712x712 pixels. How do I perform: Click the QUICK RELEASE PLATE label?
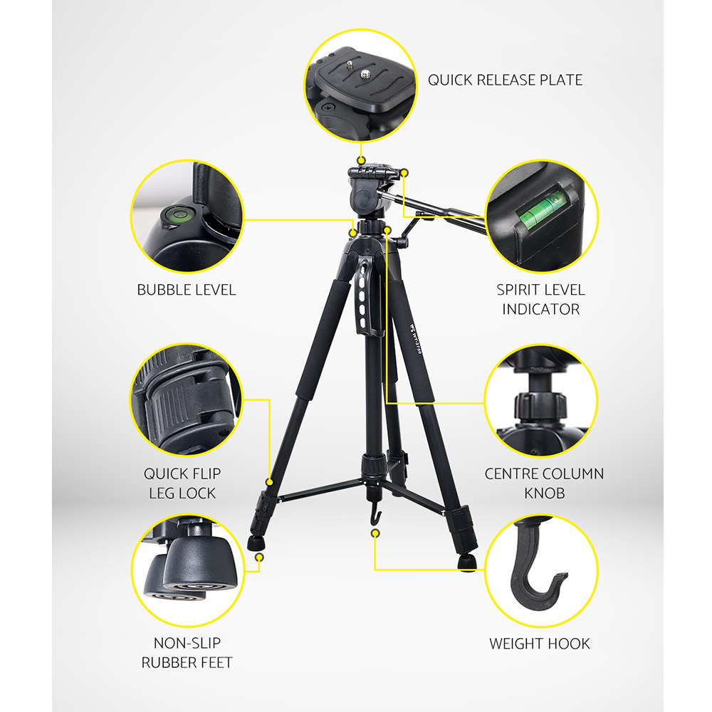coord(505,80)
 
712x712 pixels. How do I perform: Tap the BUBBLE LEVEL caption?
coord(187,290)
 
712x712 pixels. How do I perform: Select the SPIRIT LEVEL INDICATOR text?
coord(540,299)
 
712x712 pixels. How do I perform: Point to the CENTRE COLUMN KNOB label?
coord(544,483)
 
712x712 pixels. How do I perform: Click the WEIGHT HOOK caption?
coord(540,644)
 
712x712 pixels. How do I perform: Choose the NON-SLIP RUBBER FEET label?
coord(187,652)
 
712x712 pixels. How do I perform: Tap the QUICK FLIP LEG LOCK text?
coord(182,483)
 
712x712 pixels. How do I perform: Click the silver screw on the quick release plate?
coord(365,73)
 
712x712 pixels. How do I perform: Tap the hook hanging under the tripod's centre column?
coord(375,513)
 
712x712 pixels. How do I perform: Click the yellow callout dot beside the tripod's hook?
coord(375,533)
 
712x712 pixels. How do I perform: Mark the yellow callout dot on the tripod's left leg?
coord(269,482)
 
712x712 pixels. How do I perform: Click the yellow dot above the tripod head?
coord(361,159)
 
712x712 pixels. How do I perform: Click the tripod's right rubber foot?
coord(467,562)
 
